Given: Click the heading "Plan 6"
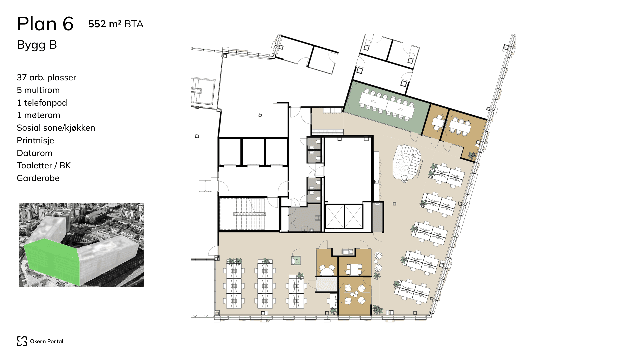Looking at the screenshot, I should (x=45, y=24).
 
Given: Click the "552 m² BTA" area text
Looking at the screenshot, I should (x=116, y=24).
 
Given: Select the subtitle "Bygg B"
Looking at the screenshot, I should (x=37, y=45).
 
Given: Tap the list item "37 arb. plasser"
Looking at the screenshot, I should (x=46, y=77).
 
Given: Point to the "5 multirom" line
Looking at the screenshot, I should (x=38, y=90).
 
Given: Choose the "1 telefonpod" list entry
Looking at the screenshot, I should (x=42, y=103).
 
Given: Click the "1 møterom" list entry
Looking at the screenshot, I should (x=38, y=115).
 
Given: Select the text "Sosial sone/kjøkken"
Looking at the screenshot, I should (x=56, y=128).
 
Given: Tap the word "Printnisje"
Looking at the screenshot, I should (x=35, y=140).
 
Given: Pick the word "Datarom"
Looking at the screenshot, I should (x=34, y=153).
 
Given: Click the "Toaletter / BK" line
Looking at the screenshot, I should (x=44, y=165).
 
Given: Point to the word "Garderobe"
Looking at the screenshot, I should (x=38, y=178).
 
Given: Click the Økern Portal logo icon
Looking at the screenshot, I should (x=22, y=341).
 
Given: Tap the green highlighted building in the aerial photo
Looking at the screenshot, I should (x=52, y=262).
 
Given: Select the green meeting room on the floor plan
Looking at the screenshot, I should (x=387, y=107).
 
